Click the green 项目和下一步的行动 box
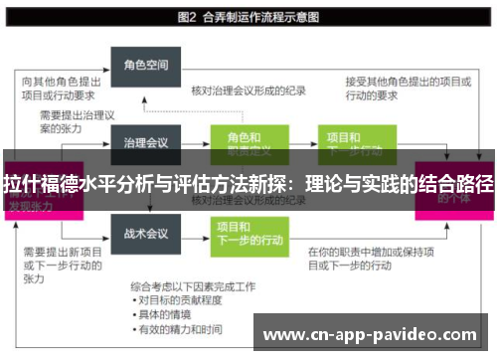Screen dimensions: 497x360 point(243,232)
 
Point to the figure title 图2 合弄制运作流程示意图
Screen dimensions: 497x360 point(248,17)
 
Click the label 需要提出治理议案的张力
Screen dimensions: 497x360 point(59,122)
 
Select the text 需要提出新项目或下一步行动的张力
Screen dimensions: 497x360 point(59,265)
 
